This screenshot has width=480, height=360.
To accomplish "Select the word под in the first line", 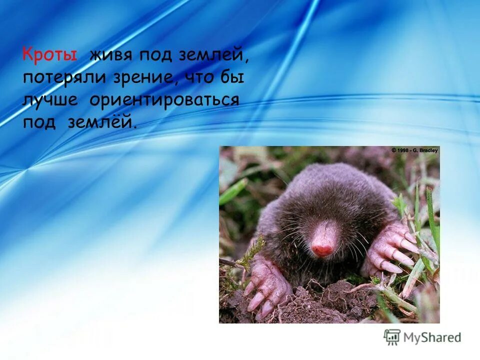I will tap(155, 55).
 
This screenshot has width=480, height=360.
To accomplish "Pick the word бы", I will tap(234, 77).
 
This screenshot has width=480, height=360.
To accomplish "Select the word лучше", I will tap(50, 99).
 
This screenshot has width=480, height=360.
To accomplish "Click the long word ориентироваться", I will tap(164, 99).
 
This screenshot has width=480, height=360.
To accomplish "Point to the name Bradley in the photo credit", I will tap(427, 150).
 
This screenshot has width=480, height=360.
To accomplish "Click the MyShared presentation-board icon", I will tap(392, 337).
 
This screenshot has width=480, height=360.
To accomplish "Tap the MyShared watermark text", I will tap(432, 337).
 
